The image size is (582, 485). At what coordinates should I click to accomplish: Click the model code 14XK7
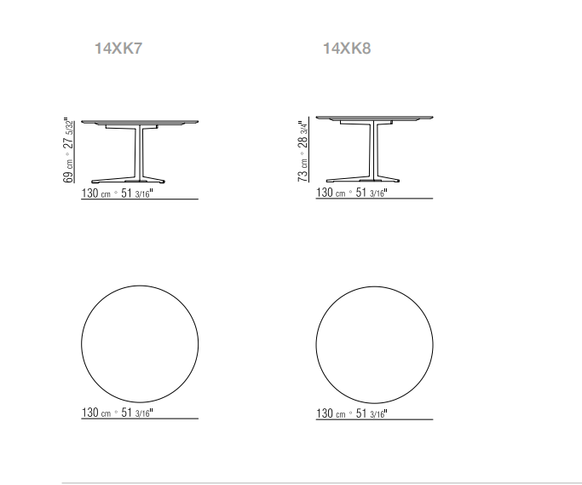(x=118, y=49)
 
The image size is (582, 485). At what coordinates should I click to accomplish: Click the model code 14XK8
(x=347, y=49)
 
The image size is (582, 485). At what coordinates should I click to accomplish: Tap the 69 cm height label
(x=68, y=171)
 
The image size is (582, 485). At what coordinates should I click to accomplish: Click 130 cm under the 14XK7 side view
(x=95, y=193)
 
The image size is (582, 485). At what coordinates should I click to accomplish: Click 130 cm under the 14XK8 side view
(x=331, y=193)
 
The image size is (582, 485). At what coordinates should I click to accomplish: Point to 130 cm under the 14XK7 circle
(x=95, y=413)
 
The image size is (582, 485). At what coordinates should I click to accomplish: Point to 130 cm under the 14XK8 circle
(x=331, y=413)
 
